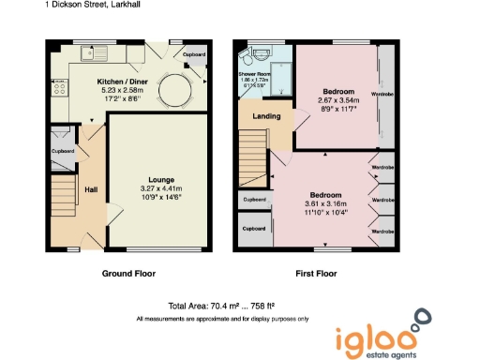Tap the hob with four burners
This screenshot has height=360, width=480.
click(58, 90)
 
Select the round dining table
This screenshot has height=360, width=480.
click(172, 90)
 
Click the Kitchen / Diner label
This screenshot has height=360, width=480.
click(125, 81)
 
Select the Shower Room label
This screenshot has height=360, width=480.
click(254, 72)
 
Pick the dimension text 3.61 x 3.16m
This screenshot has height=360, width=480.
click(325, 203)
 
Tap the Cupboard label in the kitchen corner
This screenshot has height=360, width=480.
click(193, 55)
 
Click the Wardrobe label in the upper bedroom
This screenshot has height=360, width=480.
click(382, 95)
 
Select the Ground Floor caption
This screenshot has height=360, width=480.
click(127, 274)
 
